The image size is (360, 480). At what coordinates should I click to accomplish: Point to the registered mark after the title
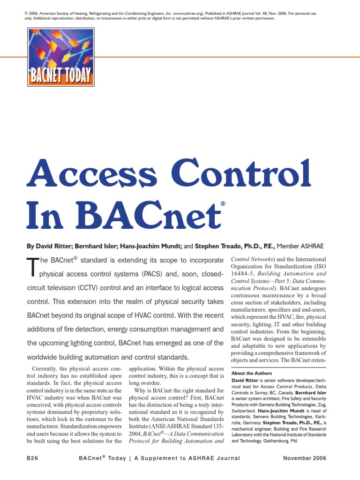(223, 204)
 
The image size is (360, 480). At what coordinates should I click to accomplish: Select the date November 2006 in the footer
(305, 458)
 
